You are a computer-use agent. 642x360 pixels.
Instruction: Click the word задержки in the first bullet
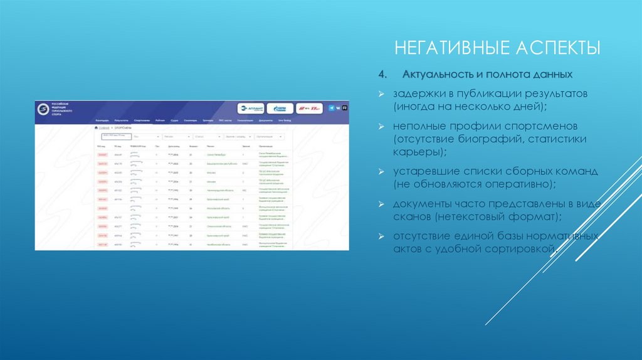click(415, 93)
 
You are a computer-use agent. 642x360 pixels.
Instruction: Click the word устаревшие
click(424, 170)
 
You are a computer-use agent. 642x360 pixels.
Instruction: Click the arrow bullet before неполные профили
click(381, 125)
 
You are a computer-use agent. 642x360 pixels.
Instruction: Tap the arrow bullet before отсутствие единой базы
click(381, 236)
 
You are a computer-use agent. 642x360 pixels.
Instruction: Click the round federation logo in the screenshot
click(43, 109)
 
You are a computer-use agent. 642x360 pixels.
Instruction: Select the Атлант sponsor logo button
click(251, 108)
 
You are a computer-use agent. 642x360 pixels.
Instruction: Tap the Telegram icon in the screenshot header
click(332, 108)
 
